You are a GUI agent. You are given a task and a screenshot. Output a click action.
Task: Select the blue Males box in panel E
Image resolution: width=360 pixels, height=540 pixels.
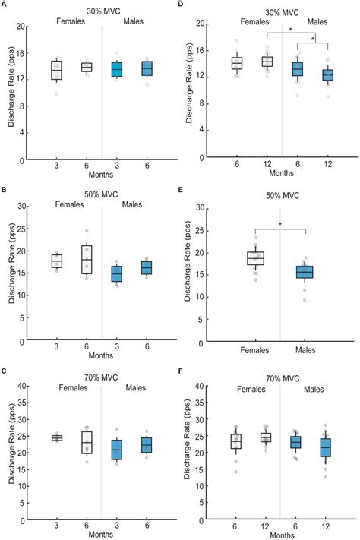point(305,272)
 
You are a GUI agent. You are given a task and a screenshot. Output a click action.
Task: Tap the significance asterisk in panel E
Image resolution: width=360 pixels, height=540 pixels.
point(280,224)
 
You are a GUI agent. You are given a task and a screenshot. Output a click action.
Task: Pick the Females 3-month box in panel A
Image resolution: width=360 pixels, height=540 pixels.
point(55,70)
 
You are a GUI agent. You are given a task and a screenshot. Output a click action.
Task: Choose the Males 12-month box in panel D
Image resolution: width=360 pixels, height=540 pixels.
point(327,74)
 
